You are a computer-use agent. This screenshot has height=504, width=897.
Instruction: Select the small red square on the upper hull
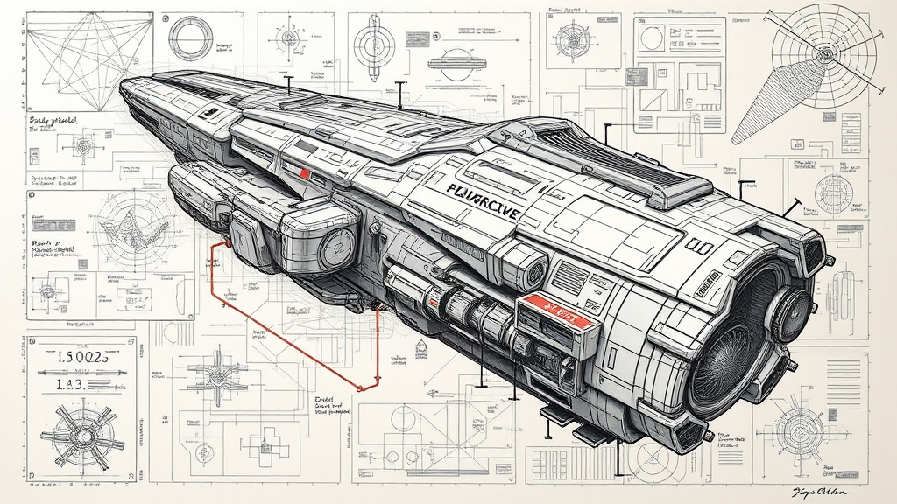pos(305,173)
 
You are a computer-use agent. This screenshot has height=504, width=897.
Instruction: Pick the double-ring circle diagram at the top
pos(191,37)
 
